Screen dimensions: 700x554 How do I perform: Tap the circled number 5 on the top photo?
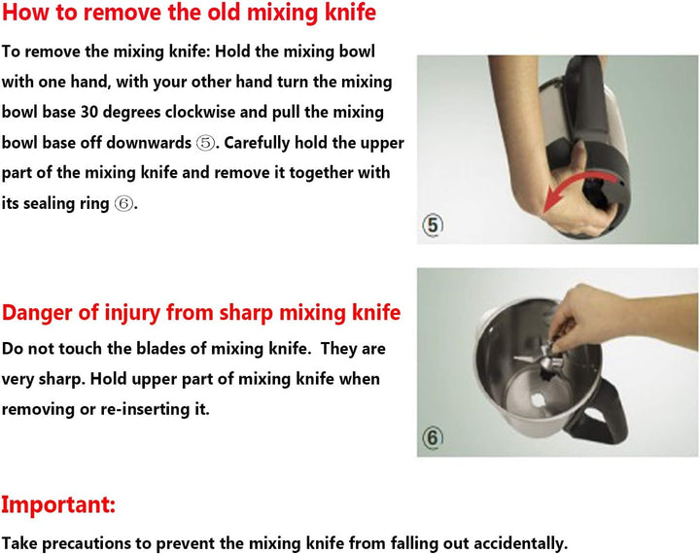[x=433, y=225]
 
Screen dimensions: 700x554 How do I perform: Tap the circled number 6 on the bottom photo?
[x=433, y=437]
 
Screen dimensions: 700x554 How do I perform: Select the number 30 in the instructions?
[x=88, y=112]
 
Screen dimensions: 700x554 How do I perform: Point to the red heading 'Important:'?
[x=58, y=504]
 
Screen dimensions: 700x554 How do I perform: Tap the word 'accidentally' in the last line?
[x=520, y=543]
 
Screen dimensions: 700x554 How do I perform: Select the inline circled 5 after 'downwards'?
[x=205, y=143]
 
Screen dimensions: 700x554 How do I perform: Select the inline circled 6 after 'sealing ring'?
[x=123, y=204]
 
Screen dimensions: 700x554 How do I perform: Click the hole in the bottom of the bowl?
[x=538, y=399]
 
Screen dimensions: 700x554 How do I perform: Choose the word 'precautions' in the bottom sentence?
[x=87, y=543]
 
